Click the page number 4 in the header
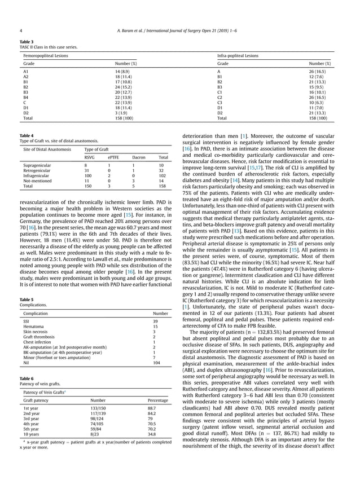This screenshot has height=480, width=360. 21,30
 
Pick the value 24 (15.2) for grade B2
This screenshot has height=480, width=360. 123,87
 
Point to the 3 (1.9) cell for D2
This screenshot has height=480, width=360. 121,113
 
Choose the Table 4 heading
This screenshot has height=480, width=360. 26,135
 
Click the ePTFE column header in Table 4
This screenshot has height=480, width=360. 113,157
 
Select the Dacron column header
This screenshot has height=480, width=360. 139,157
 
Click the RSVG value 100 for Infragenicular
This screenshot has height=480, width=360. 88,175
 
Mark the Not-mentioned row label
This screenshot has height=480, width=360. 37,180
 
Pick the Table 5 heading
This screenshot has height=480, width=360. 26,299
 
